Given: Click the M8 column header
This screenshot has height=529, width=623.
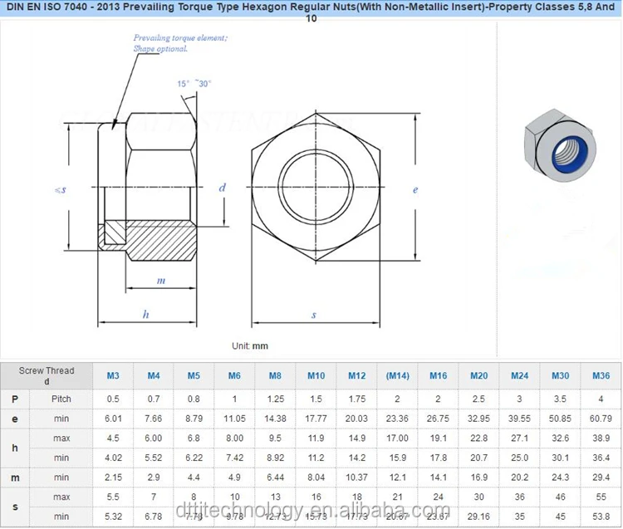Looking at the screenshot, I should point(276,375).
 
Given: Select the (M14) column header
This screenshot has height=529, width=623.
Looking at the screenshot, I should point(398,375).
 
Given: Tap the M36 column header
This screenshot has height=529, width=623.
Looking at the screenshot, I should point(601,375).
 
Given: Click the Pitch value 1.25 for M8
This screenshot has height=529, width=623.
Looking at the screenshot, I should point(276,399).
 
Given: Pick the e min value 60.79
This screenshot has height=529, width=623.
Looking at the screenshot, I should point(601,418).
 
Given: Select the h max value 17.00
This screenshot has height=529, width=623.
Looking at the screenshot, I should point(398,438).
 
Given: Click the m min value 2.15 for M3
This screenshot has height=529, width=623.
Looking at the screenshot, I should point(113,478).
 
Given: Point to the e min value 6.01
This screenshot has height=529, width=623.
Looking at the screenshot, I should point(113,418).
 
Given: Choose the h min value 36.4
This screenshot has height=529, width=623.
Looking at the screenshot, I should point(601,458).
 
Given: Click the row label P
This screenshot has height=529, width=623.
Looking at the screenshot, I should point(15,399).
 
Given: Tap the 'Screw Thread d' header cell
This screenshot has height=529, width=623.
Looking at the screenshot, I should point(47,375).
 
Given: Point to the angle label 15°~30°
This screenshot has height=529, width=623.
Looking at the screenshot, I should point(194,84).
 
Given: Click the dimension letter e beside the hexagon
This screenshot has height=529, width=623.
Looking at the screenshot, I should point(415,189).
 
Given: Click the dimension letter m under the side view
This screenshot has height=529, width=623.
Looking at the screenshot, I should point(161,281).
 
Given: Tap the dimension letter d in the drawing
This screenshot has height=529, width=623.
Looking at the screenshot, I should point(223,188).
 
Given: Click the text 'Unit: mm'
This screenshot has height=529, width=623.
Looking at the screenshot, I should point(250,345).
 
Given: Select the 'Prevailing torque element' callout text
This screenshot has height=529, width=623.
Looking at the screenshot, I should point(180,43).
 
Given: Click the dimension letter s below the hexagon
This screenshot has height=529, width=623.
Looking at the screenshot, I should point(314,314).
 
